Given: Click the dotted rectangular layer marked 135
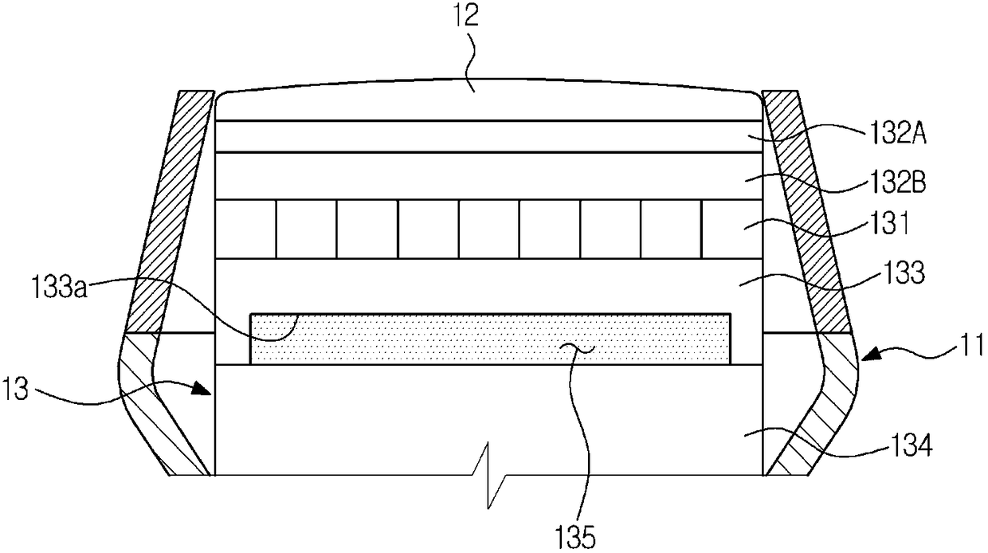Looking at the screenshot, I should pos(490,339).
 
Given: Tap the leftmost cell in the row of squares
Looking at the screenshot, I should pos(246,229).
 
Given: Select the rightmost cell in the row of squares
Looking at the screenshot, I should pos(731,229).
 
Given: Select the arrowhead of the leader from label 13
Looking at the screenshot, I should pos(210,390).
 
